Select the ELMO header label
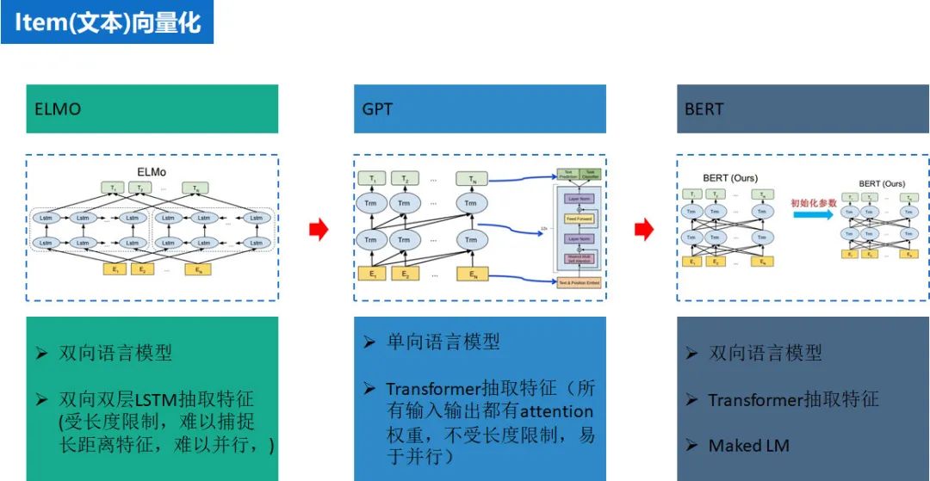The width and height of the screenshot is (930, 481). tap(59, 109)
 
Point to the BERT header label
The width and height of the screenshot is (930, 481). tap(704, 109)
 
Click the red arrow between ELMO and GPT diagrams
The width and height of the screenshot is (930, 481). tap(319, 229)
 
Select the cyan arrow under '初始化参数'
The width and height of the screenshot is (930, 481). tap(814, 215)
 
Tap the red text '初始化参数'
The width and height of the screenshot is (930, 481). tap(814, 203)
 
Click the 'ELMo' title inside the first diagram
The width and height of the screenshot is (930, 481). tap(151, 172)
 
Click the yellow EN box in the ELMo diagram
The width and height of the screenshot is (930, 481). tap(199, 268)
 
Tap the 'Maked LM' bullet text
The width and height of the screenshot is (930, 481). tap(748, 446)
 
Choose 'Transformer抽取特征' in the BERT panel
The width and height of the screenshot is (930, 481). tap(793, 399)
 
